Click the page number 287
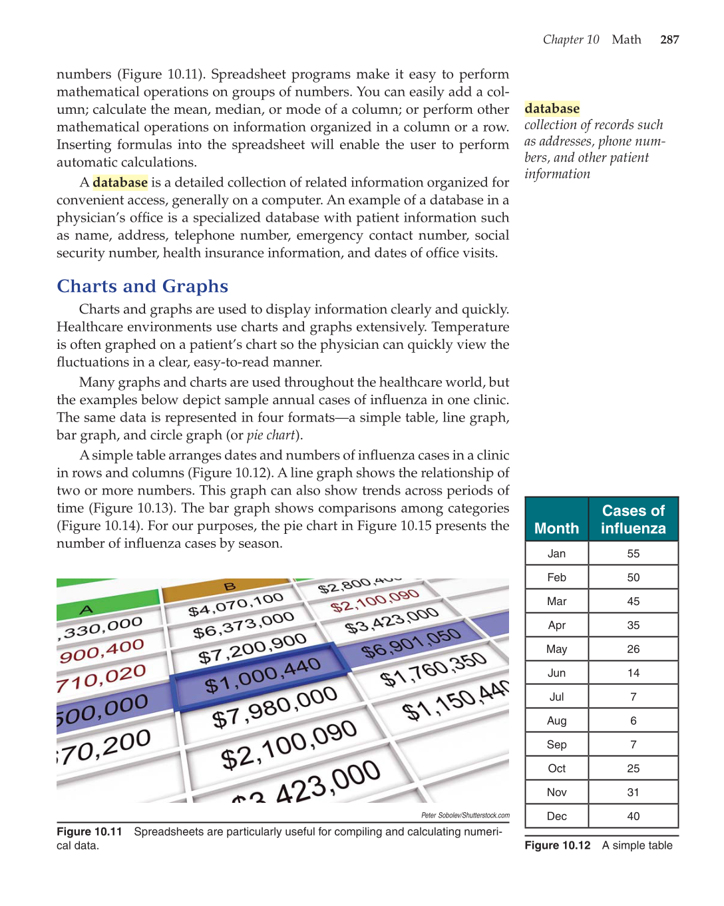click(669, 40)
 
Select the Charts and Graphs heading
click(142, 286)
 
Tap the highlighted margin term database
click(552, 109)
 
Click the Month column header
click(556, 529)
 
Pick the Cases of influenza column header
click(633, 519)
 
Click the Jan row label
click(556, 554)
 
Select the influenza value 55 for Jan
click(633, 554)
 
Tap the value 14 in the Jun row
click(633, 673)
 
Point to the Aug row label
click(556, 721)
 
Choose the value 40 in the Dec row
click(633, 816)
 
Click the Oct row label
click(556, 769)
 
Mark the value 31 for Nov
click(633, 792)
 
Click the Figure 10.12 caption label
click(557, 845)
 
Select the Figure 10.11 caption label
click(89, 831)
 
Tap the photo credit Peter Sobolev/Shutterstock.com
click(465, 815)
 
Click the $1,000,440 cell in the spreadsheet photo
click(262, 675)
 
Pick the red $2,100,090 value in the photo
click(375, 600)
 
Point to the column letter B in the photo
click(230, 586)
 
